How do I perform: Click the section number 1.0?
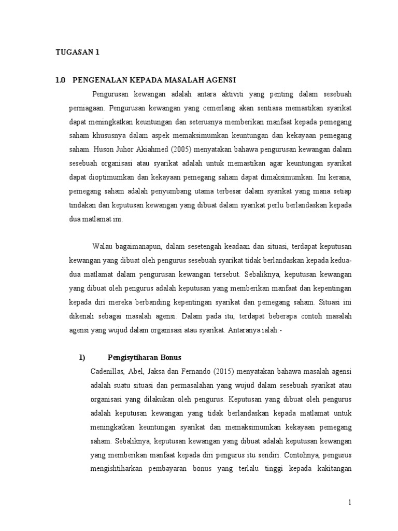(x=61, y=80)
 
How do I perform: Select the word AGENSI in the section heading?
(x=220, y=80)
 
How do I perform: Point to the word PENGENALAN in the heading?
(x=100, y=80)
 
